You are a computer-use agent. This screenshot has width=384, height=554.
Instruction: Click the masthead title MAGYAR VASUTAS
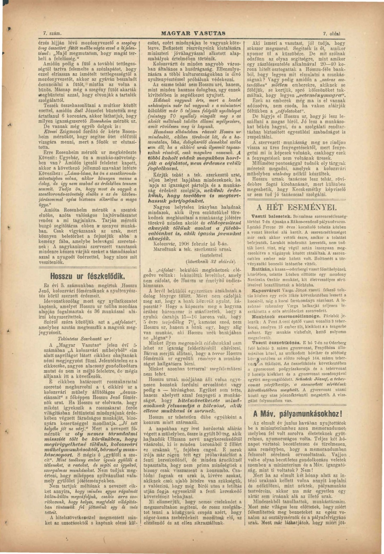tap(193, 33)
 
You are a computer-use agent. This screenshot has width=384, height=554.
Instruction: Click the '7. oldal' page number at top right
tap(332, 33)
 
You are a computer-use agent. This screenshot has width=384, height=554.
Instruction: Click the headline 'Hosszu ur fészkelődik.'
tap(88, 277)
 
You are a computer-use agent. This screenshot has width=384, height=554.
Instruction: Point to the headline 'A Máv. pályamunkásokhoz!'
tap(297, 414)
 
